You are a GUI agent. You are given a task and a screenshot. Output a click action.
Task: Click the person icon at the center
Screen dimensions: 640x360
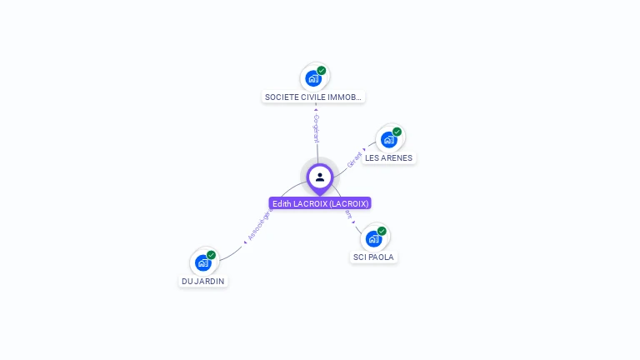point(320,177)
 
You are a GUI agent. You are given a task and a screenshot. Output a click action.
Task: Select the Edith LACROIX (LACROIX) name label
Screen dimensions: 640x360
point(320,203)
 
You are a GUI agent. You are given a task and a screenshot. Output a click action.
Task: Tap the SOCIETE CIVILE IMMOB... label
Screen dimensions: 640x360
point(313,97)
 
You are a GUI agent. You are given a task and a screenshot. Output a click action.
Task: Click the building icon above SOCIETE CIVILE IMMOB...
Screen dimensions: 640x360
point(313,78)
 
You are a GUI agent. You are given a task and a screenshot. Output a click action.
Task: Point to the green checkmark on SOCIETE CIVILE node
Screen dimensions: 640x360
point(322,71)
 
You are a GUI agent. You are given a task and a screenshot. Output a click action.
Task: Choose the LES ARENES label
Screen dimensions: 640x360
point(388,157)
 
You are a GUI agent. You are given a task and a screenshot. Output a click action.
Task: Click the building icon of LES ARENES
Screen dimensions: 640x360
point(388,139)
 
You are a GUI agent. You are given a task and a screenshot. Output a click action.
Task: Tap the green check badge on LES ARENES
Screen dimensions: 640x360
point(397,132)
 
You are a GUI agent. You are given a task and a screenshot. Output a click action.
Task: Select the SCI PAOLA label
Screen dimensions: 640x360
point(373,257)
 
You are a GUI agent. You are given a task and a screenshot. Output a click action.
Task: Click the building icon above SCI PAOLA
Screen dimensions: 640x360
point(373,238)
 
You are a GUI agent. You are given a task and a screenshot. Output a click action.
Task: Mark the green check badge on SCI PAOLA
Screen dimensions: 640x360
point(382,231)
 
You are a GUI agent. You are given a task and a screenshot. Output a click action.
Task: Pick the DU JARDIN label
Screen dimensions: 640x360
point(203,281)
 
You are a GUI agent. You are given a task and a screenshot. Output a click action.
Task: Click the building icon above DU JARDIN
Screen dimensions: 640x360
point(202,262)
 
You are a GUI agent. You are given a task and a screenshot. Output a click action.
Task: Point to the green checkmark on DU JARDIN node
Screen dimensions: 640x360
point(211,255)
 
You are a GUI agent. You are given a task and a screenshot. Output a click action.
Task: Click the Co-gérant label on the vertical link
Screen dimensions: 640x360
point(317,128)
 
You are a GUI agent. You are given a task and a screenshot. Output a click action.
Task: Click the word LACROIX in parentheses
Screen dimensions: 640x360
point(348,203)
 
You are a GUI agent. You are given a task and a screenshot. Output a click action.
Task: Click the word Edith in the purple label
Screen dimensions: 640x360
point(282,203)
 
